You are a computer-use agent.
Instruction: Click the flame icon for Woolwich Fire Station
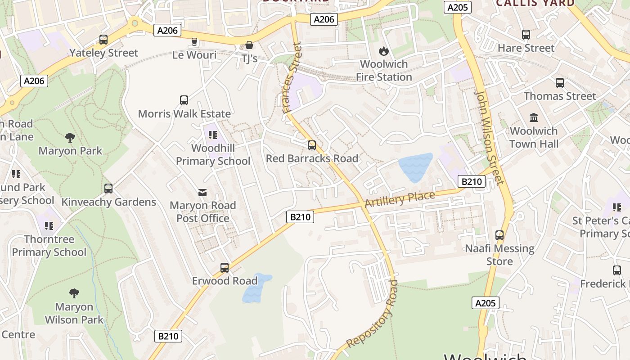pos(383,51)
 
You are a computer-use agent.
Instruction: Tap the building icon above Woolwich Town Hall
pos(534,118)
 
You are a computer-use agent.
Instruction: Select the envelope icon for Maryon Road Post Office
pos(202,193)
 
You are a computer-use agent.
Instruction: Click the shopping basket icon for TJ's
pos(249,45)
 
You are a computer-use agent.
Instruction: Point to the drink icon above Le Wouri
pos(194,42)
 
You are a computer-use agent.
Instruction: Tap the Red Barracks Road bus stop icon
pos(312,145)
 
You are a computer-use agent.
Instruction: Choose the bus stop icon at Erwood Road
pos(225,268)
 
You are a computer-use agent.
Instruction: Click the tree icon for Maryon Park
pos(70,138)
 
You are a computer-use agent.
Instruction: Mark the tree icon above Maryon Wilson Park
pos(74,294)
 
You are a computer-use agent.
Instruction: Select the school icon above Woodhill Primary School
pos(213,135)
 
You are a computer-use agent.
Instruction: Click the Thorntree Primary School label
pos(49,246)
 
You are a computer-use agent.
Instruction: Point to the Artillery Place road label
pos(400,199)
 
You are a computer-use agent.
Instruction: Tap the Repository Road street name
pos(373,314)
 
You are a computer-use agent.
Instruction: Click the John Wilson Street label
pos(489,138)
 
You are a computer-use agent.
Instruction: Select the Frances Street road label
pos(291,78)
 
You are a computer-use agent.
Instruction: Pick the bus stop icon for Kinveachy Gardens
pos(108,189)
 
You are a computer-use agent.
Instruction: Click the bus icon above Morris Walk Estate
pos(184,100)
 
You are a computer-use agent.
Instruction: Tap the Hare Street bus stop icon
pos(526,35)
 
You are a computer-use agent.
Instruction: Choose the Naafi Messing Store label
pos(499,255)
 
